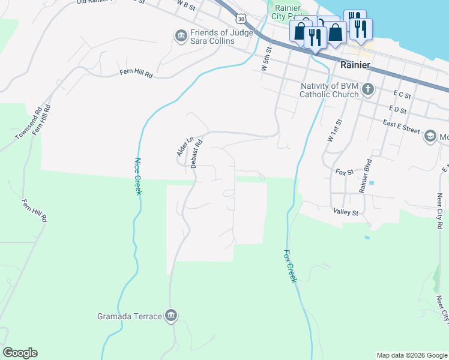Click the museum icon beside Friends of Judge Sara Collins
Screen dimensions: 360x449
tap(181, 37)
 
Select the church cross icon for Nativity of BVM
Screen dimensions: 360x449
tap(368, 89)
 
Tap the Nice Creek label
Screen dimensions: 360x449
tap(137, 176)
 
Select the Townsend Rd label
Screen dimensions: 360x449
tap(28, 124)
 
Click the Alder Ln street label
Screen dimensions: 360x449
tap(185, 148)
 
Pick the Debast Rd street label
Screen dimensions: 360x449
tap(195, 154)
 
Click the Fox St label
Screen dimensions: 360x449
tap(345, 172)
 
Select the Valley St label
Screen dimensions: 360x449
tap(345, 212)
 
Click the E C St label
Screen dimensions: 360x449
tap(402, 95)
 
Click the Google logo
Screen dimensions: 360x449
tap(20, 353)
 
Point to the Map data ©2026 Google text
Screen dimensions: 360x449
tap(411, 355)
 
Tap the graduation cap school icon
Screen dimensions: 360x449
tap(430, 137)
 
